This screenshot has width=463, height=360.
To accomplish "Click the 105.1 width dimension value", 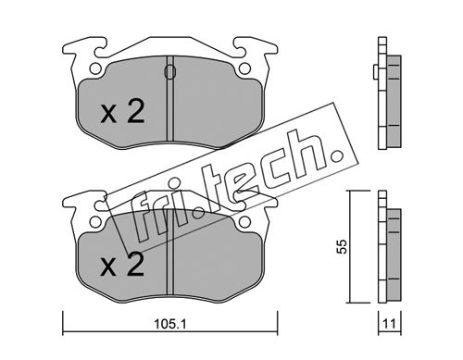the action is click(x=169, y=324).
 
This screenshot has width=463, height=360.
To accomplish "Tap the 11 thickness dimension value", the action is click(x=389, y=325).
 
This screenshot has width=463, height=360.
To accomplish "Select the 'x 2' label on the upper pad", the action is click(x=122, y=112).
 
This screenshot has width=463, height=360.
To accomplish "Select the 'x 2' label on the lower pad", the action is click(x=122, y=264).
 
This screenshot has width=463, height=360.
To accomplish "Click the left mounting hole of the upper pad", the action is click(x=95, y=68).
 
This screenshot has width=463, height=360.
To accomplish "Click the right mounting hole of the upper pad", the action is click(x=244, y=68).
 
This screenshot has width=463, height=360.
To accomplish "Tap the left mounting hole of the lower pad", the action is click(x=95, y=221).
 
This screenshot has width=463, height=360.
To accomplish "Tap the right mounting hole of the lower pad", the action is click(x=244, y=221).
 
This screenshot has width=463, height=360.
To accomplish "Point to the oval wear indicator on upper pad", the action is click(x=170, y=72).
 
